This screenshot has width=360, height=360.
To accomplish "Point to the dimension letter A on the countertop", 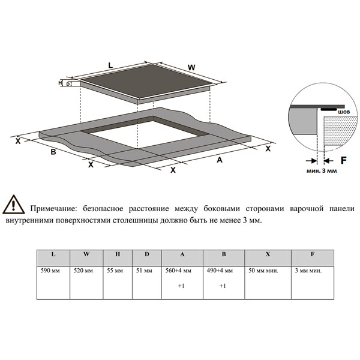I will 219,160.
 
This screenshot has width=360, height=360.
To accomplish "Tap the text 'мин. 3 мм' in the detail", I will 316,170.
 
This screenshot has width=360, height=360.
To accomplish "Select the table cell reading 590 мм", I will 53,271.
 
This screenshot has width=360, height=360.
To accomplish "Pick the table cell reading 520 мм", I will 86,271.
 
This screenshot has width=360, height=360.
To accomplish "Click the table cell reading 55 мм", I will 118,271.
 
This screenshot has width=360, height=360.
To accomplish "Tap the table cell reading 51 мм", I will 146,271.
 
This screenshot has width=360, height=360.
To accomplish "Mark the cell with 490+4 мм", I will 223,271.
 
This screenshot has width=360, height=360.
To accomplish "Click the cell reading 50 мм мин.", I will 264,271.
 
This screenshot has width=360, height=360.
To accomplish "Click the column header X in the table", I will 268,254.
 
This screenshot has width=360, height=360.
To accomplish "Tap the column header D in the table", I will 146,254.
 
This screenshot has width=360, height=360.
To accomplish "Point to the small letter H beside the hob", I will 61,83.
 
